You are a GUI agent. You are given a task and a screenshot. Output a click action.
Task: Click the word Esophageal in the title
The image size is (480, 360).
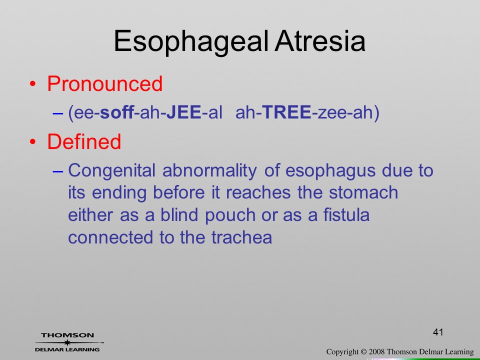(x=191, y=42)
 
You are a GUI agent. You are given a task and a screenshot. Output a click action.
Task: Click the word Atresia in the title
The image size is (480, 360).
(x=320, y=40)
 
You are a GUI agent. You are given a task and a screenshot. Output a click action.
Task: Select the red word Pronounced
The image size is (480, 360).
(x=104, y=83)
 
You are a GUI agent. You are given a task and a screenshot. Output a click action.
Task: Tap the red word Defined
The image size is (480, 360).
(x=84, y=141)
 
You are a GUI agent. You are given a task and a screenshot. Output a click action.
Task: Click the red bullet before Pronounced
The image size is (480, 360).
(x=33, y=84)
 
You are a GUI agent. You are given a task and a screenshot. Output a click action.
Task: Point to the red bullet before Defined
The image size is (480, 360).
(x=33, y=141)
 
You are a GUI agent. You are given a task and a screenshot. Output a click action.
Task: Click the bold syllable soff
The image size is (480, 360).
(x=117, y=112)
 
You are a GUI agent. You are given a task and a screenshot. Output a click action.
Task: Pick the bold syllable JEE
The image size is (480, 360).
(x=184, y=112)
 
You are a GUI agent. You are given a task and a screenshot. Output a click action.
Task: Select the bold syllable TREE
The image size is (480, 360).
(x=287, y=112)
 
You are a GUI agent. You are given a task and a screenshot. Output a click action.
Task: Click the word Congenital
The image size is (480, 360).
(x=111, y=170)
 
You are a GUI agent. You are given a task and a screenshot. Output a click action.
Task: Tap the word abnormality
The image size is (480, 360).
(x=209, y=170)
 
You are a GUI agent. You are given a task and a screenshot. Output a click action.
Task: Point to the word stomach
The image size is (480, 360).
(x=363, y=192)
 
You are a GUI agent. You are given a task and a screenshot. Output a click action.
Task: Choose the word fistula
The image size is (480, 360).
(x=346, y=214)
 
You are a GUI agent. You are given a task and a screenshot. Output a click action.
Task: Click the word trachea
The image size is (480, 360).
(x=241, y=237)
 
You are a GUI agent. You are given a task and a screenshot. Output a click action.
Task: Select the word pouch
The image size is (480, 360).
(x=230, y=215)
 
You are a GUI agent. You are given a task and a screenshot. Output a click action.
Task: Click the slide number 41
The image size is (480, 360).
(x=438, y=332)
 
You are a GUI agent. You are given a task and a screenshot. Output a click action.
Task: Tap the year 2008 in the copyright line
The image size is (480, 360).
(x=376, y=351)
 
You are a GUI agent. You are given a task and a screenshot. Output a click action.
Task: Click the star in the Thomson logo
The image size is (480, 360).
(x=67, y=342)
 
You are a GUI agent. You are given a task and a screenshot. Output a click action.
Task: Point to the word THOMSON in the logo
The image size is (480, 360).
(x=67, y=335)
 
